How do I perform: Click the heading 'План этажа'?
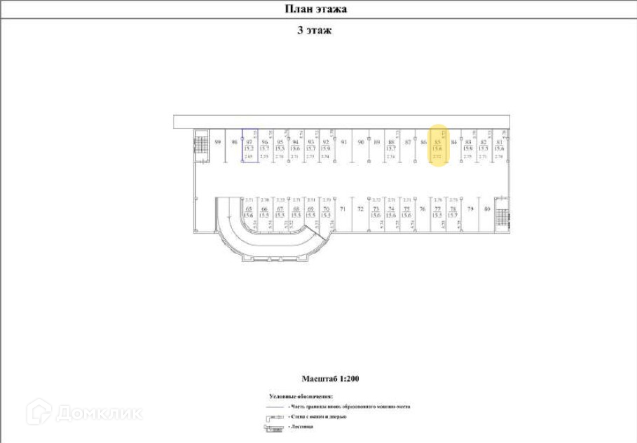(315, 9)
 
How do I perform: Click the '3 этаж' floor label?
(314, 30)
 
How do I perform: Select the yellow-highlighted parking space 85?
(437, 146)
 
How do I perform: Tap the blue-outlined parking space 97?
(249, 146)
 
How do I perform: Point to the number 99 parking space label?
(218, 142)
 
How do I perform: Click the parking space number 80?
(487, 209)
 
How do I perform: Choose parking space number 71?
(343, 209)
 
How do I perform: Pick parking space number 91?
(344, 142)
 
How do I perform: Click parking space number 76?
(422, 209)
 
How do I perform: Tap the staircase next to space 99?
(201, 146)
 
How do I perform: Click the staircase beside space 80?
(502, 212)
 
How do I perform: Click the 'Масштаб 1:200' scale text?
(330, 379)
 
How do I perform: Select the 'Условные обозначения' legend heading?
(301, 396)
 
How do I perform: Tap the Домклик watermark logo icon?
(39, 412)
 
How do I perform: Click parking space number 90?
(361, 142)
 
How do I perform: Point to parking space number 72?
(360, 209)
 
